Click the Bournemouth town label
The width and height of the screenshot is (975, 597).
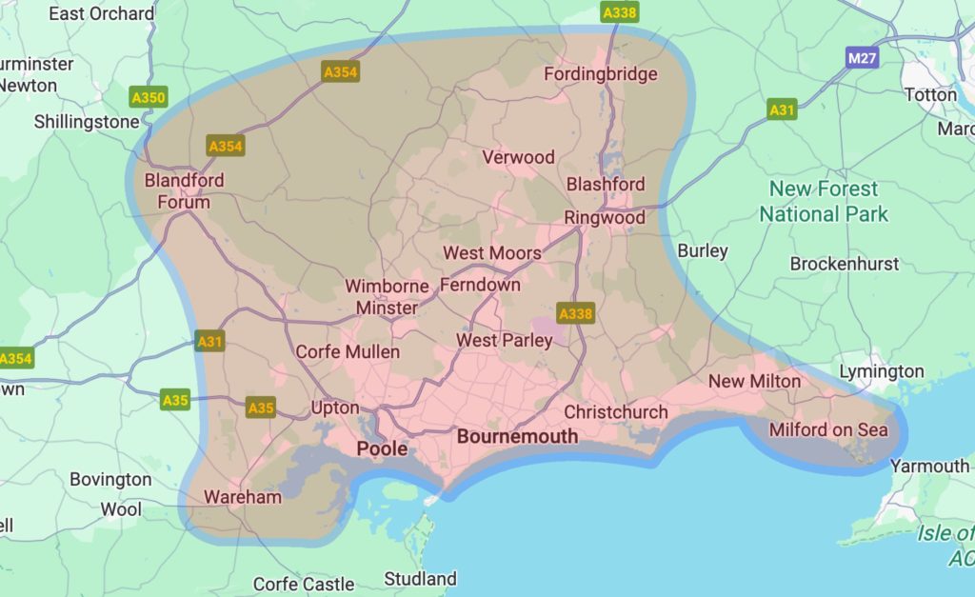pyautogui.click(x=517, y=437)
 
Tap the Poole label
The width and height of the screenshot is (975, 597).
pyautogui.click(x=382, y=448)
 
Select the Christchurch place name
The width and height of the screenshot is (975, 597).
pyautogui.click(x=616, y=412)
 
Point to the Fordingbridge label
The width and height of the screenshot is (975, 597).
pyautogui.click(x=600, y=74)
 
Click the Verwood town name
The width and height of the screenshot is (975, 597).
pyautogui.click(x=518, y=157)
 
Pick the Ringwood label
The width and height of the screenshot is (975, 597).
pyautogui.click(x=604, y=218)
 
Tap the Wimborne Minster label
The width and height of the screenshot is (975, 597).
pyautogui.click(x=387, y=297)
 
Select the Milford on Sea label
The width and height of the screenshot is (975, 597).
pyautogui.click(x=827, y=429)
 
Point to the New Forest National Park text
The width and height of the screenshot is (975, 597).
pyautogui.click(x=823, y=201)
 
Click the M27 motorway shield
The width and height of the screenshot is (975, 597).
pyautogui.click(x=862, y=59)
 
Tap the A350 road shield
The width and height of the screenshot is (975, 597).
pyautogui.click(x=148, y=97)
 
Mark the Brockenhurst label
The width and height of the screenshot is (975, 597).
pyautogui.click(x=844, y=264)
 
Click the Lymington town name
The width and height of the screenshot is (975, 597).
pyautogui.click(x=881, y=371)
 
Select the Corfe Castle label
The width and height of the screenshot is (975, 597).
pyautogui.click(x=304, y=584)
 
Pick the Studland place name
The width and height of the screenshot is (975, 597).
pyautogui.click(x=420, y=579)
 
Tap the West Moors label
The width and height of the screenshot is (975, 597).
pyautogui.click(x=492, y=253)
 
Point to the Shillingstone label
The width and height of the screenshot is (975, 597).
pyautogui.click(x=87, y=122)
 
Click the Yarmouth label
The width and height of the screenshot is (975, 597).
pyautogui.click(x=929, y=466)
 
